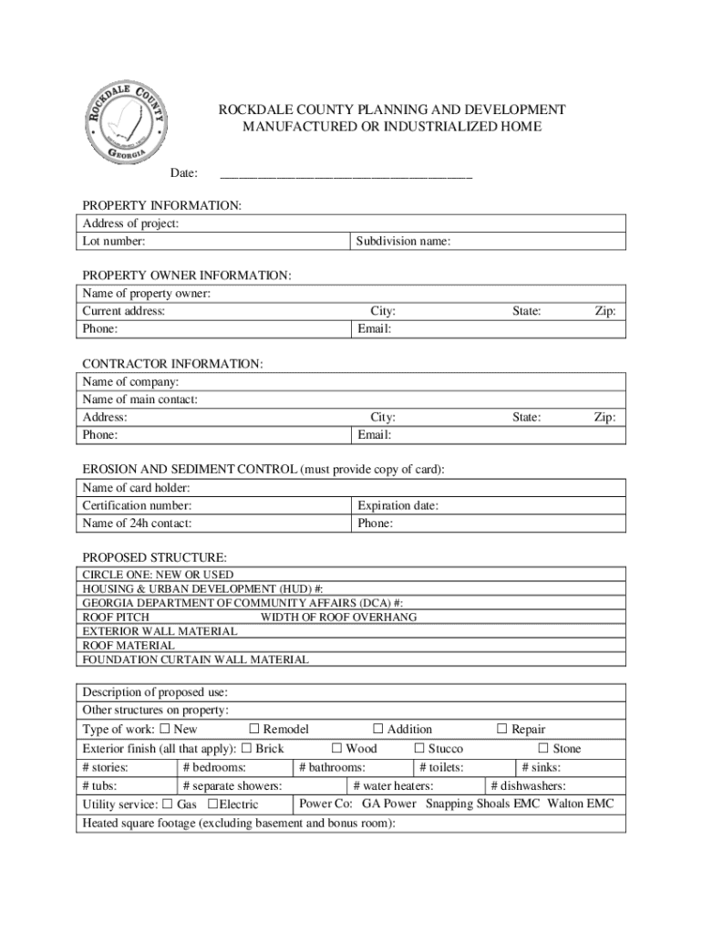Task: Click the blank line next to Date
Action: pos(346,173)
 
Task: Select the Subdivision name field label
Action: pos(403,242)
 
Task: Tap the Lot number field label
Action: pos(114,242)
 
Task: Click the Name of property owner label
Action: pos(147,294)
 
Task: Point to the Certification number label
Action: pos(137,505)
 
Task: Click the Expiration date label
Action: pos(397,505)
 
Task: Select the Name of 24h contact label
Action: pos(137,524)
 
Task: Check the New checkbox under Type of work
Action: pos(165,729)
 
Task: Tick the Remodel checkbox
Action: pos(255,729)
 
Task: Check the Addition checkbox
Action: pos(378,729)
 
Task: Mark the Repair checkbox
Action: pos(501,729)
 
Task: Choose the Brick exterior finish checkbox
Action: pos(246,749)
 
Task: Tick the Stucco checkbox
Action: pos(419,749)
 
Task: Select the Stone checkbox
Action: pos(543,749)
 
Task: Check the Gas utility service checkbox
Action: pos(167,804)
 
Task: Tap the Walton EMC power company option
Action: pos(580,804)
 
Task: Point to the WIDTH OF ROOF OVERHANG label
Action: pos(338,617)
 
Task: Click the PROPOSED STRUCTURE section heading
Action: pos(155,557)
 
